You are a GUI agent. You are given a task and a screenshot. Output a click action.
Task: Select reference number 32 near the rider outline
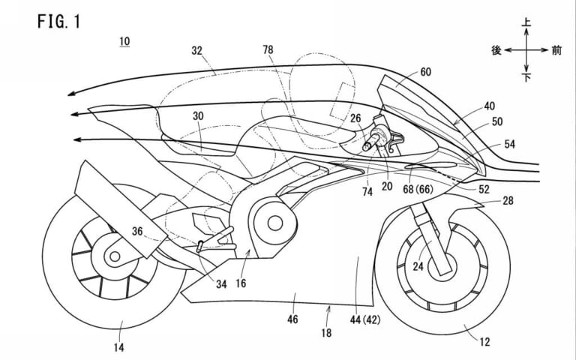(197, 52)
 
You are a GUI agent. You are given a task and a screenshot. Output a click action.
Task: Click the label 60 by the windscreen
(425, 72)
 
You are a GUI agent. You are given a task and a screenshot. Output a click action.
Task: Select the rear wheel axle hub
(114, 257)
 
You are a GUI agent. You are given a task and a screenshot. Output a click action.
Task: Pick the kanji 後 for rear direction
(496, 50)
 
